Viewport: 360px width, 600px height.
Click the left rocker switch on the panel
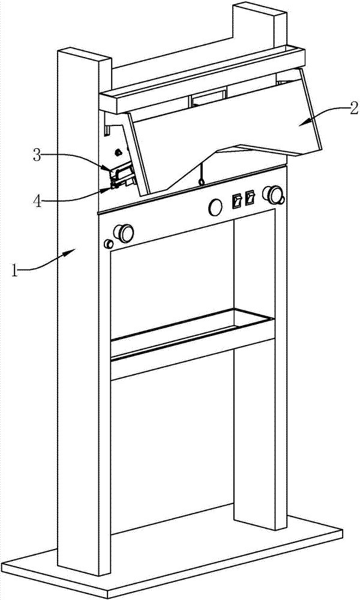point(237,199)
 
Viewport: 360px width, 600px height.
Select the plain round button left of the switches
point(214,207)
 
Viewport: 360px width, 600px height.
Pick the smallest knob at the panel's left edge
point(109,244)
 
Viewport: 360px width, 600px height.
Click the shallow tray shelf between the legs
point(192,333)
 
